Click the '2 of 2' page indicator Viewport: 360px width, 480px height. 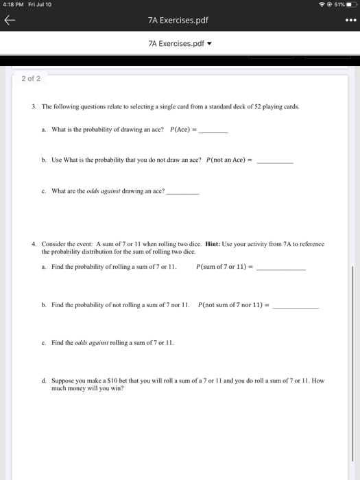click(31, 78)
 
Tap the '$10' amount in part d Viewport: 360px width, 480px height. click(106, 380)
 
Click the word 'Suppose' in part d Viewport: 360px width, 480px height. click(63, 380)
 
